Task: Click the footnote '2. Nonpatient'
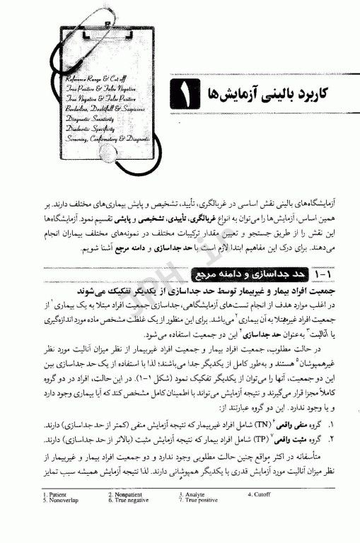pyautogui.click(x=127, y=512)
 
